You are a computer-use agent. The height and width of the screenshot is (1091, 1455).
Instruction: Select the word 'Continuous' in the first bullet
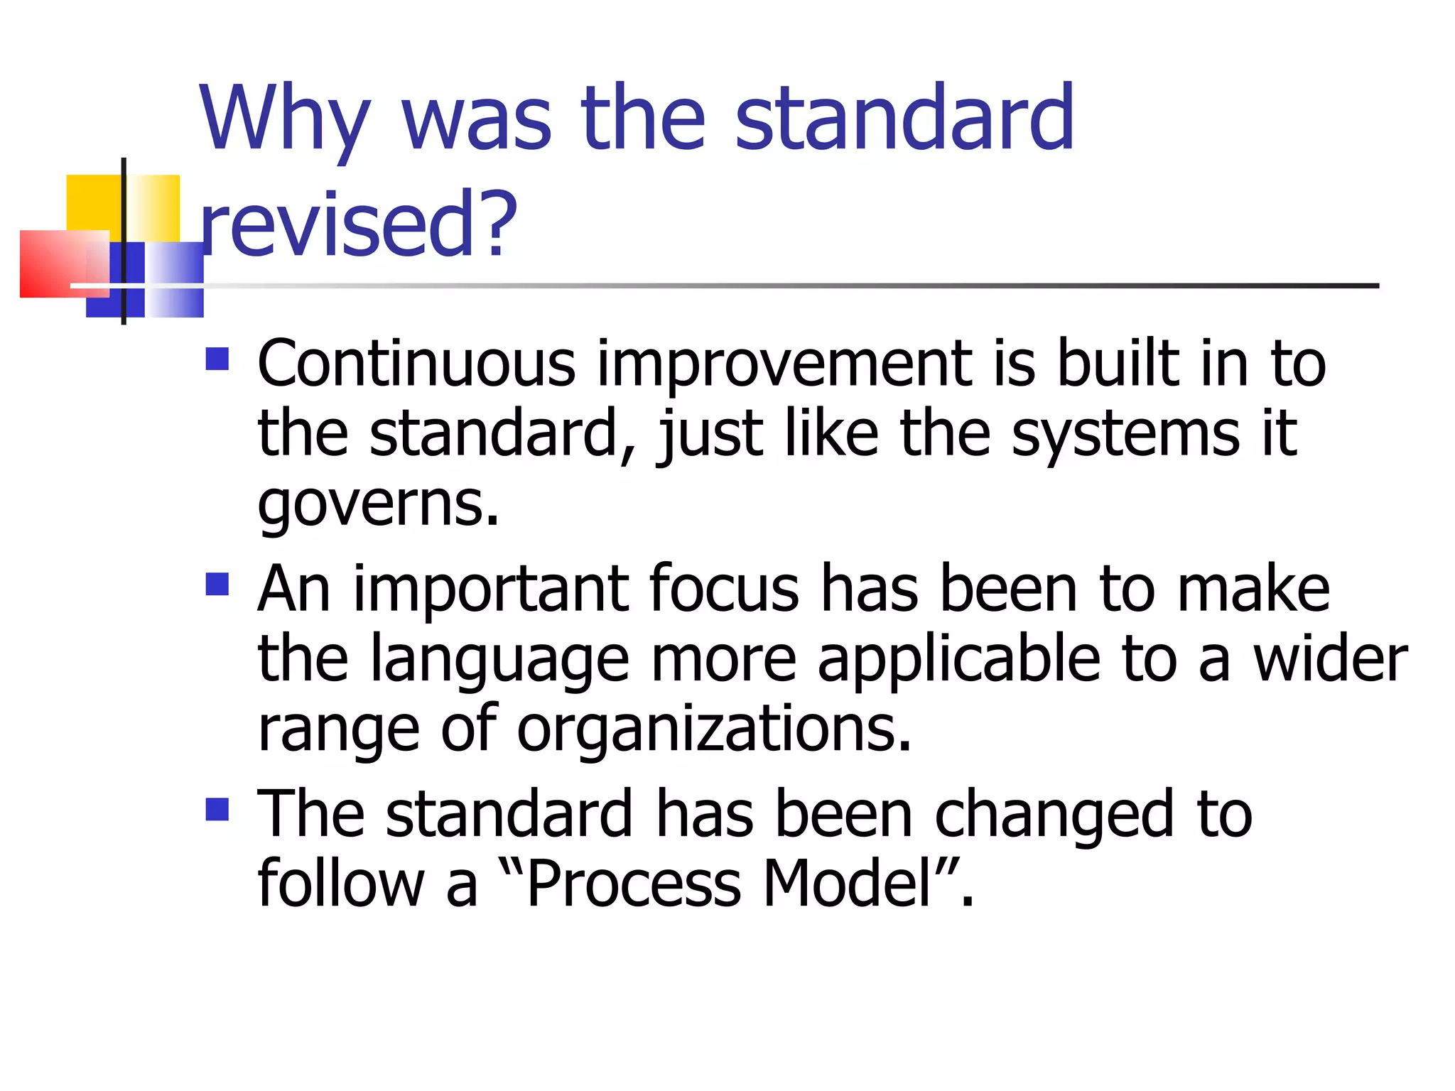416,364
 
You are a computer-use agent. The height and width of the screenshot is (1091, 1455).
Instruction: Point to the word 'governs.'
378,504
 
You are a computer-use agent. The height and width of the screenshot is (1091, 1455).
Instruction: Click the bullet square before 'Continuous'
217,359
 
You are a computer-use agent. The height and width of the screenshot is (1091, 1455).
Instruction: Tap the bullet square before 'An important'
217,584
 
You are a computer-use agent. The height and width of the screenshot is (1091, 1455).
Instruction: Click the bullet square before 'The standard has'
217,809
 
